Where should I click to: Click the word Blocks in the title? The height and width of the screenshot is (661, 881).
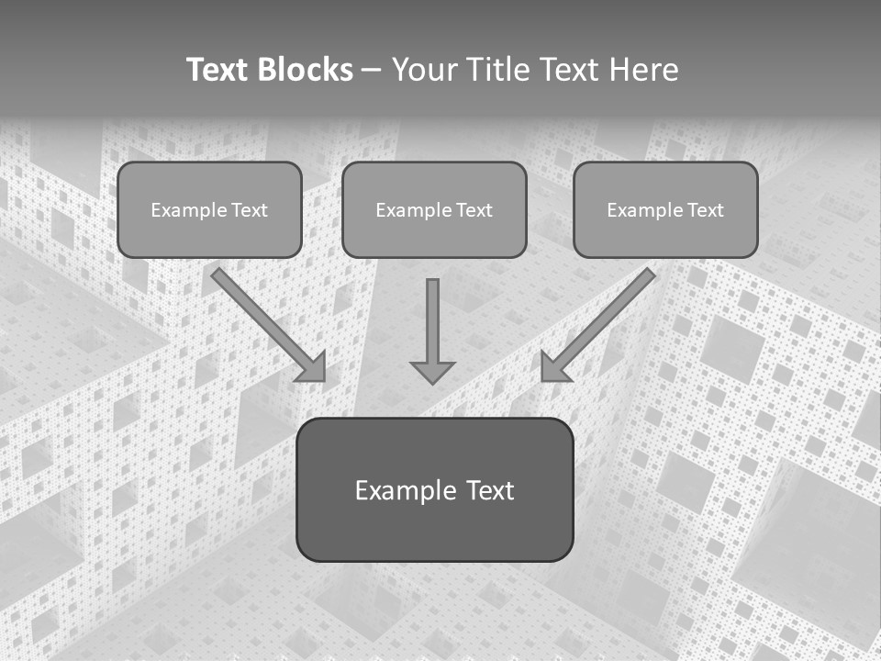pos(304,70)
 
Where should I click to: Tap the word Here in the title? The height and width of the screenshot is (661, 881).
pos(644,70)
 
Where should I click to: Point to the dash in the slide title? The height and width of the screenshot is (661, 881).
pos(372,70)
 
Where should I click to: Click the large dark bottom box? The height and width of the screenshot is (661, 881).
pos(434,528)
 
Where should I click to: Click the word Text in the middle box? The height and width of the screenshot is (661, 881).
pos(474,210)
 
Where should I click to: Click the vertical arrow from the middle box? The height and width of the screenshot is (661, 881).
pos(432,321)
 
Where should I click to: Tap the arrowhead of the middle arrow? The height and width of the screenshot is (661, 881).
pos(432,372)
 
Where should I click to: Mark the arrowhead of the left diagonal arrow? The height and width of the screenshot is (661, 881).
pos(313,368)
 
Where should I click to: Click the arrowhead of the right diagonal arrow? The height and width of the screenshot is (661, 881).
pos(552,368)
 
